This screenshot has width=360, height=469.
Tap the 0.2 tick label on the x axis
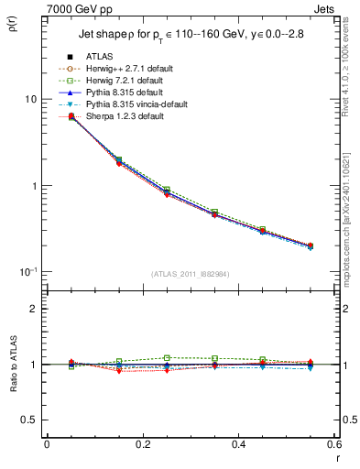click(x=142, y=444)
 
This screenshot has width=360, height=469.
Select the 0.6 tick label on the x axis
click(x=333, y=444)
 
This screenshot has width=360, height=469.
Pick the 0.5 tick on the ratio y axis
click(x=29, y=420)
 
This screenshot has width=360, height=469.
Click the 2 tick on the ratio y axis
click(x=33, y=309)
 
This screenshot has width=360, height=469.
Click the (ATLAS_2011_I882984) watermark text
click(x=190, y=274)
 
